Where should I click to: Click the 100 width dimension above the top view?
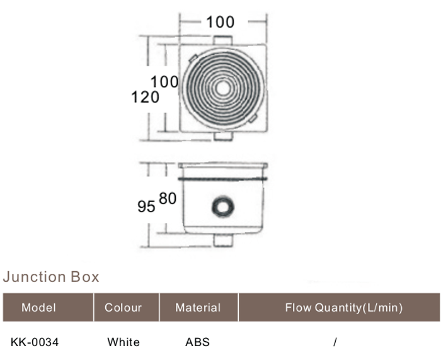[220, 22]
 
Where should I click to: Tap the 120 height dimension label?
[145, 97]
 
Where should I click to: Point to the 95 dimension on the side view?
[146, 206]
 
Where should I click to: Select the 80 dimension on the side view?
[168, 198]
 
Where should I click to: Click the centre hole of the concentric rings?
[223, 88]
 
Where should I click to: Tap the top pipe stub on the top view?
[223, 40]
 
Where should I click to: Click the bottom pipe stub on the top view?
[223, 136]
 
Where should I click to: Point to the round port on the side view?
[223, 207]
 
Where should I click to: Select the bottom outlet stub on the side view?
[223, 240]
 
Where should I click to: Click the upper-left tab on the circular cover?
[193, 59]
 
